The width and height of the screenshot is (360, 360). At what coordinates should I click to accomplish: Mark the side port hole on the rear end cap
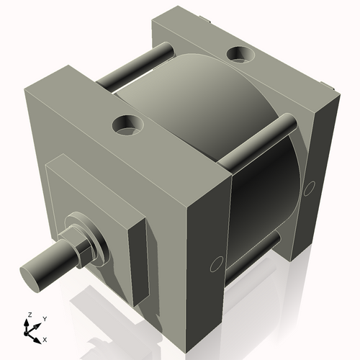coord(310,189)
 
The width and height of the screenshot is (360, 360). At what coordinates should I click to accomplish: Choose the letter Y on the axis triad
coord(45,318)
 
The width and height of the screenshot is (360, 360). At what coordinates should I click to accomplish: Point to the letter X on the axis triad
coord(45,338)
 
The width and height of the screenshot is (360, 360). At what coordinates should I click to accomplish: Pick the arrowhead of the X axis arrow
coord(38,337)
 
